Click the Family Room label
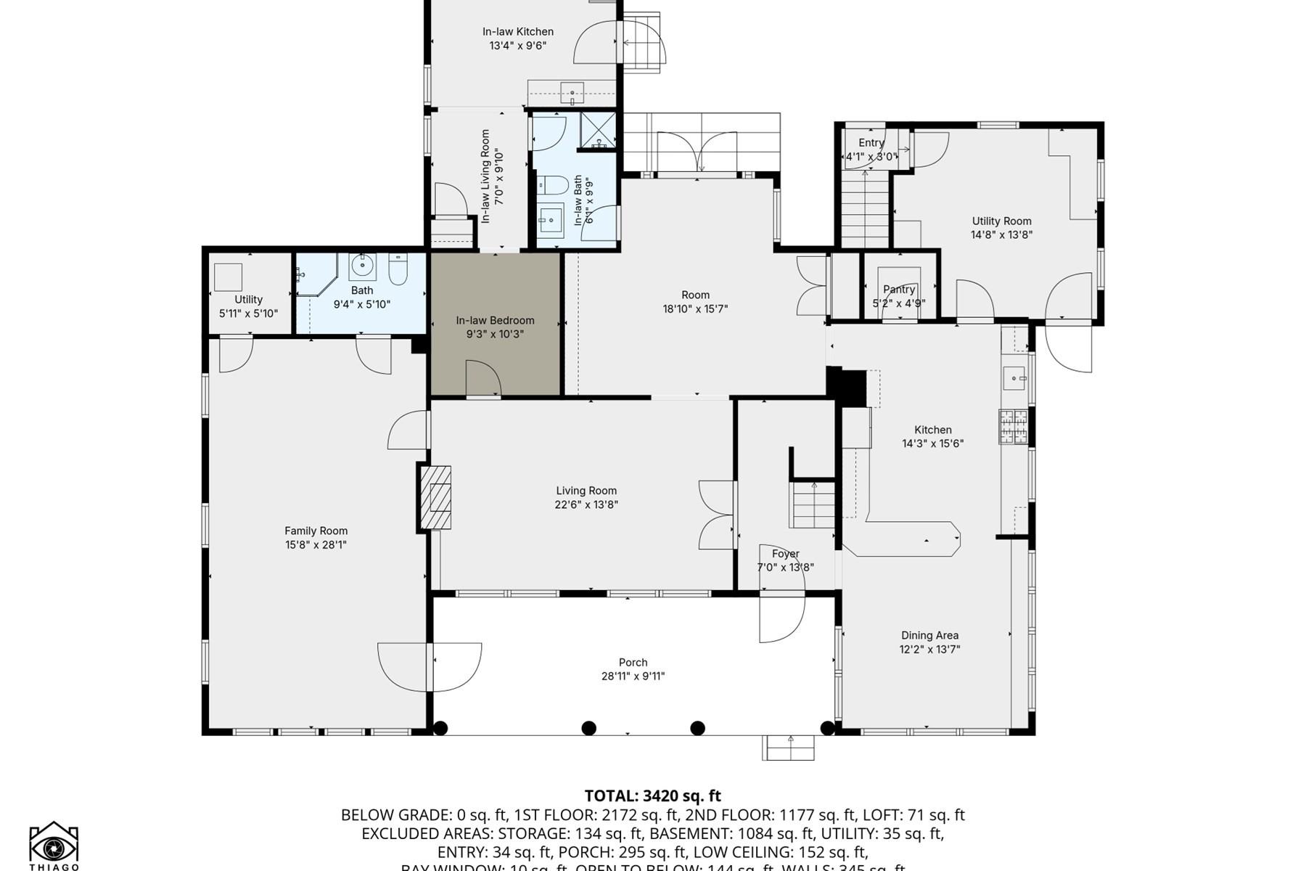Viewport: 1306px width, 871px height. pos(316,531)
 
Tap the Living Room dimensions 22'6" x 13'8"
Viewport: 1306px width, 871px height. pos(586,504)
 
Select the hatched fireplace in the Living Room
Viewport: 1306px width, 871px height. pos(436,498)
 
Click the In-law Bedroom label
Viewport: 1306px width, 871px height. pos(495,320)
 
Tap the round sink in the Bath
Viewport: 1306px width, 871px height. pos(362,266)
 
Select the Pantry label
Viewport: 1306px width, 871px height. pos(899,289)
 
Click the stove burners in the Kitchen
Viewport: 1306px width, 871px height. pos(1014,427)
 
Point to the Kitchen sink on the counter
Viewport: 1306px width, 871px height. pos(1014,378)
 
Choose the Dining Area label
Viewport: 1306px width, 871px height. pos(929,635)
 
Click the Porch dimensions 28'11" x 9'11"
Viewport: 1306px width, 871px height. pos(633,676)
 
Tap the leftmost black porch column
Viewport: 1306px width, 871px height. pos(440,727)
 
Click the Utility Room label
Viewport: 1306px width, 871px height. pos(1001,221)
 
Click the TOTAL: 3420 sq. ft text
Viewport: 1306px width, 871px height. pos(652,796)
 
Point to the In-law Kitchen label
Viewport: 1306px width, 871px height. pos(518,31)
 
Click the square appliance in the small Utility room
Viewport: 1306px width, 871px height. pos(228,277)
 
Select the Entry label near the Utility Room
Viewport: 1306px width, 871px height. pos(871,142)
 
